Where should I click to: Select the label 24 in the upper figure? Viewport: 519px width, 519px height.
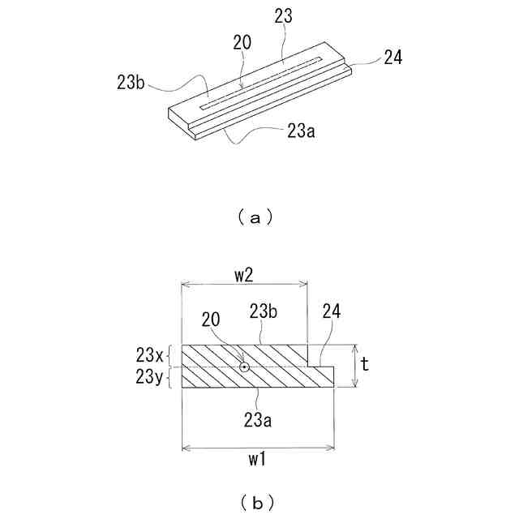click(x=392, y=57)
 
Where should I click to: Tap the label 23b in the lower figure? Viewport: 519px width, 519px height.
click(x=264, y=311)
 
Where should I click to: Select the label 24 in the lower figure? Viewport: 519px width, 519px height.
click(x=332, y=311)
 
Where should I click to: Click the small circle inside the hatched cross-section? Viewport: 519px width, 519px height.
click(x=243, y=367)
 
